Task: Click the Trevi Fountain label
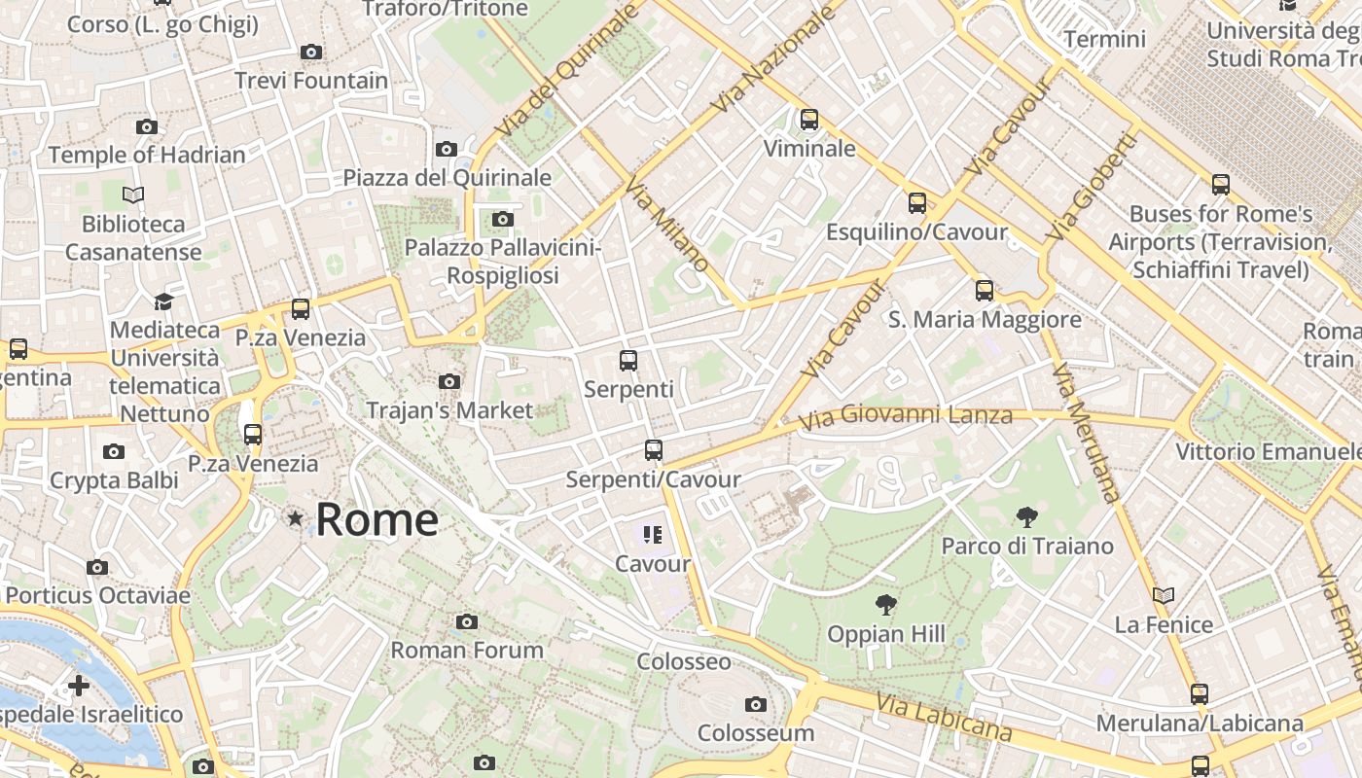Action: pyautogui.click(x=311, y=81)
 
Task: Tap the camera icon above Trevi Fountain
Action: pyautogui.click(x=311, y=53)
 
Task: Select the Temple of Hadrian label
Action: pyautogui.click(x=147, y=155)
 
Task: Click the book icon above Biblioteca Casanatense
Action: pyautogui.click(x=133, y=195)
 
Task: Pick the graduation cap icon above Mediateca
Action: pyautogui.click(x=163, y=301)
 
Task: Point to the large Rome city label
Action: pyautogui.click(x=376, y=519)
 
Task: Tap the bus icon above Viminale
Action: pyautogui.click(x=808, y=120)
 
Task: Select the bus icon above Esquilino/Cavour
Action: pyautogui.click(x=916, y=203)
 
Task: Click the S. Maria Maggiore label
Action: pyautogui.click(x=985, y=320)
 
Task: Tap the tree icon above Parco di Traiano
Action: pyautogui.click(x=1026, y=517)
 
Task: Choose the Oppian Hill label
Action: pyautogui.click(x=885, y=635)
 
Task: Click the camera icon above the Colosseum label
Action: pyautogui.click(x=756, y=704)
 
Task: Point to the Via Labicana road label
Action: pyautogui.click(x=944, y=717)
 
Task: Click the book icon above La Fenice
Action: pyautogui.click(x=1164, y=595)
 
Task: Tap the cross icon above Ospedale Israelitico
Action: pyautogui.click(x=79, y=686)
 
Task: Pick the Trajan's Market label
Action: pyautogui.click(x=449, y=410)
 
